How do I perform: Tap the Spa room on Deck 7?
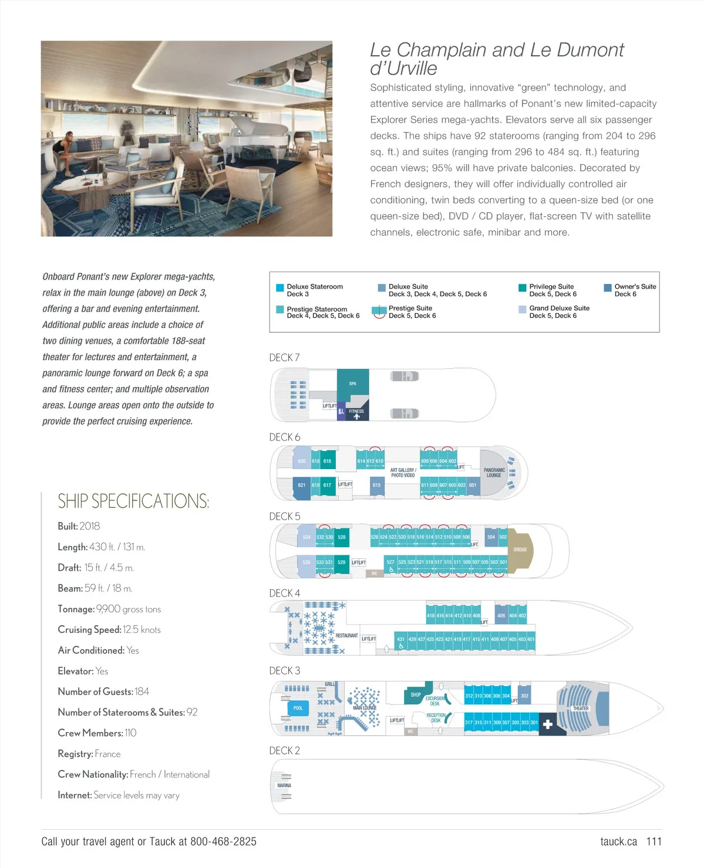tap(353, 384)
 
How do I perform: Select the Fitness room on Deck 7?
tap(356, 411)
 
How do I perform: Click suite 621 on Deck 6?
tap(301, 485)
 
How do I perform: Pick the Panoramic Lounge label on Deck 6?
tap(494, 472)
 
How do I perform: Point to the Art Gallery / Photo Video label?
tap(403, 472)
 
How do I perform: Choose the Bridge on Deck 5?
tap(520, 550)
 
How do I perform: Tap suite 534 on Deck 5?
tap(306, 537)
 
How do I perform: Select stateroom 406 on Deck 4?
tap(501, 615)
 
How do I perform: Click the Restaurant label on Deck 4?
tap(346, 635)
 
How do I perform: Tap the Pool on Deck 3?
tap(298, 708)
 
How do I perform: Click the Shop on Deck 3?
tap(416, 694)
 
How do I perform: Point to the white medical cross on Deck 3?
tap(547, 724)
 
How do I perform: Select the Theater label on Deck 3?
tap(581, 708)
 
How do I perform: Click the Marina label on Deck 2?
tap(284, 785)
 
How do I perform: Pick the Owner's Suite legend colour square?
tap(608, 287)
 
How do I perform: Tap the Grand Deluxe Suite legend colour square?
tap(523, 309)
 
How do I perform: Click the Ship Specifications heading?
tap(133, 501)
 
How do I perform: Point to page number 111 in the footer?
tap(654, 842)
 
